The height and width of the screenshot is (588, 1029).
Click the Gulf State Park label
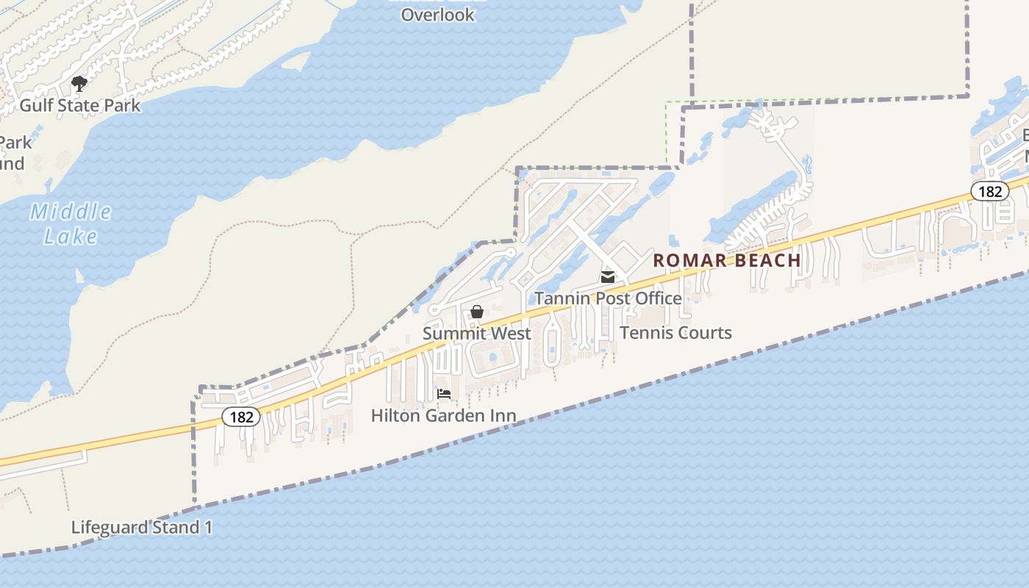[79, 105]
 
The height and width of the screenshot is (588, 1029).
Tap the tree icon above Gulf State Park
[79, 83]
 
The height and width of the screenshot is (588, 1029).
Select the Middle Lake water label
[71, 224]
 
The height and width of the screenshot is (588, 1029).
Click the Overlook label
[437, 14]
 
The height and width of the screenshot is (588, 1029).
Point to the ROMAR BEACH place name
[727, 260]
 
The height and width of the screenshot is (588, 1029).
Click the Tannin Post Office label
[608, 298]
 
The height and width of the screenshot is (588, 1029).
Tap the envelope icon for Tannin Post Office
[608, 277]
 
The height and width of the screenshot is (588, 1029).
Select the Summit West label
[476, 333]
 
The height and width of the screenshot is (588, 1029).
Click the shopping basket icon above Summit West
[476, 312]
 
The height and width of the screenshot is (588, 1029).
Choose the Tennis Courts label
[675, 333]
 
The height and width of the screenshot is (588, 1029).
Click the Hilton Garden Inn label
[443, 415]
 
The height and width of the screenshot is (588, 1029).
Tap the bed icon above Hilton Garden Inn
[444, 394]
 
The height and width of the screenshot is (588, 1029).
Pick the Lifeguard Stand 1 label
[142, 527]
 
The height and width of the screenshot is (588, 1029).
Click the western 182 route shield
[241, 417]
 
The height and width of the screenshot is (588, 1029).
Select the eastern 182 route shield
[990, 191]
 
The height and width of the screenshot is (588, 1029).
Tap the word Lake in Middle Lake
[71, 236]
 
